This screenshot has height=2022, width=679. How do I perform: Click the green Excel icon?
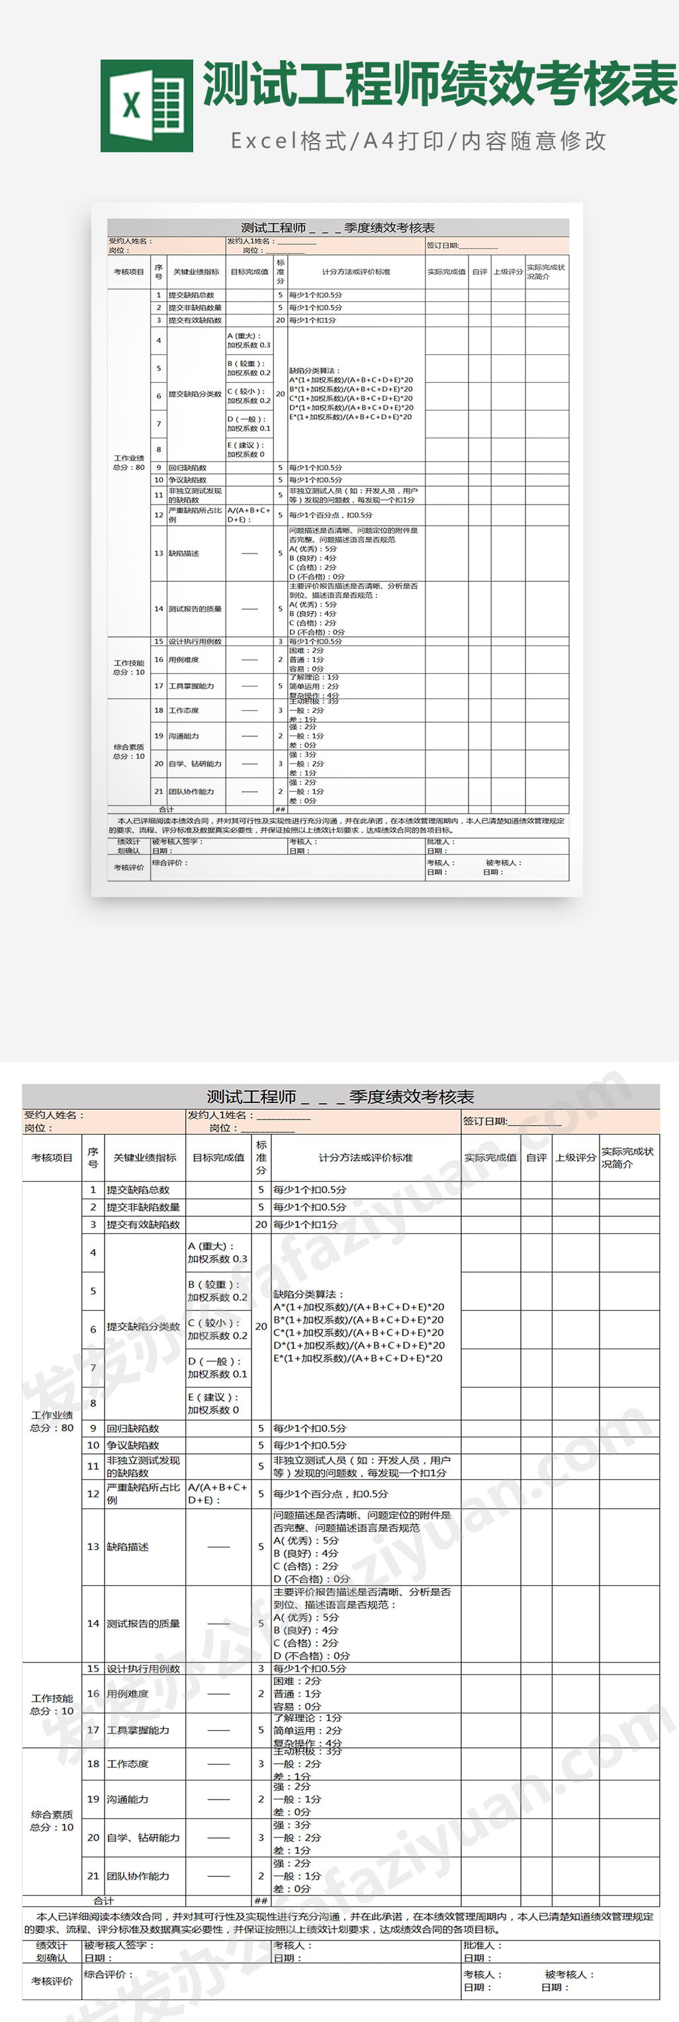[x=147, y=106]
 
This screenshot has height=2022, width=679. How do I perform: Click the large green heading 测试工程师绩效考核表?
[x=439, y=84]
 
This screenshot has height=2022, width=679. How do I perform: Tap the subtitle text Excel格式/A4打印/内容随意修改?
[x=418, y=141]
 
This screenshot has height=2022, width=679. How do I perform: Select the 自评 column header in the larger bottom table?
[x=536, y=1158]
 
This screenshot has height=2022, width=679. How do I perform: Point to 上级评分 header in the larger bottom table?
[x=575, y=1158]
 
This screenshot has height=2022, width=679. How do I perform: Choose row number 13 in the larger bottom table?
[x=93, y=1547]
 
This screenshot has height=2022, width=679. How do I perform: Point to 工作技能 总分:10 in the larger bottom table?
[x=52, y=1705]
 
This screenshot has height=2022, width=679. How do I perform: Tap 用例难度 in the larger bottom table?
[x=127, y=1694]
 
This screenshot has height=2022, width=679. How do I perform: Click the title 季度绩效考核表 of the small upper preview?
[x=338, y=228]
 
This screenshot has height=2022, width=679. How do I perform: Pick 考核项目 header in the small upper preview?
[x=129, y=271]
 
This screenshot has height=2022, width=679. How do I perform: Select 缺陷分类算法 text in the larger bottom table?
[x=308, y=1294]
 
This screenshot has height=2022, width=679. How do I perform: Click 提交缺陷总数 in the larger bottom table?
[x=138, y=1190]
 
